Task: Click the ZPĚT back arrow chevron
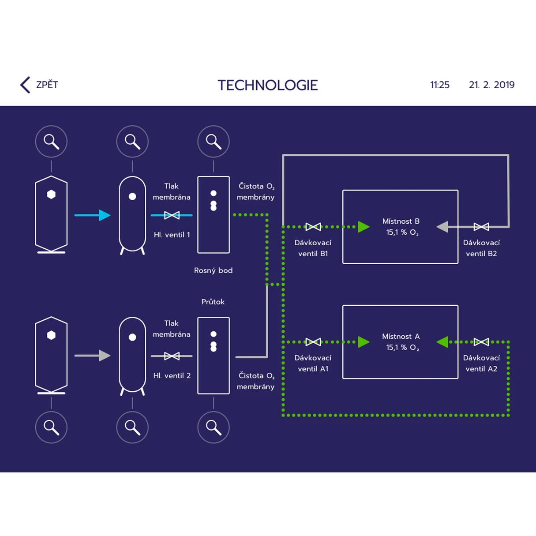25,85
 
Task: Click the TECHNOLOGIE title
268,85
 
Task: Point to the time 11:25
440,85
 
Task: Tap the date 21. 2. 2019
491,85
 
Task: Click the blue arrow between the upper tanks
92,215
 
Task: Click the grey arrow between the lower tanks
92,356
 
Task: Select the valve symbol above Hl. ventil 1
172,215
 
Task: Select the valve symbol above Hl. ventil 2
172,356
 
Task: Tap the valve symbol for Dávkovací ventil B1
313,227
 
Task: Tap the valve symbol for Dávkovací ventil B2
481,227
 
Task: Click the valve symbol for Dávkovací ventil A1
313,342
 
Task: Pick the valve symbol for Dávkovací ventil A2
481,342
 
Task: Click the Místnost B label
401,221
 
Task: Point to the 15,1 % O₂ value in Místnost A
402,348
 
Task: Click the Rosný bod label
214,270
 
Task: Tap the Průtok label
213,301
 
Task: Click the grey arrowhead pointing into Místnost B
442,227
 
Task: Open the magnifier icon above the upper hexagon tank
51,142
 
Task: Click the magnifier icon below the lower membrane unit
214,427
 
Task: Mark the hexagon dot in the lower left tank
51,335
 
